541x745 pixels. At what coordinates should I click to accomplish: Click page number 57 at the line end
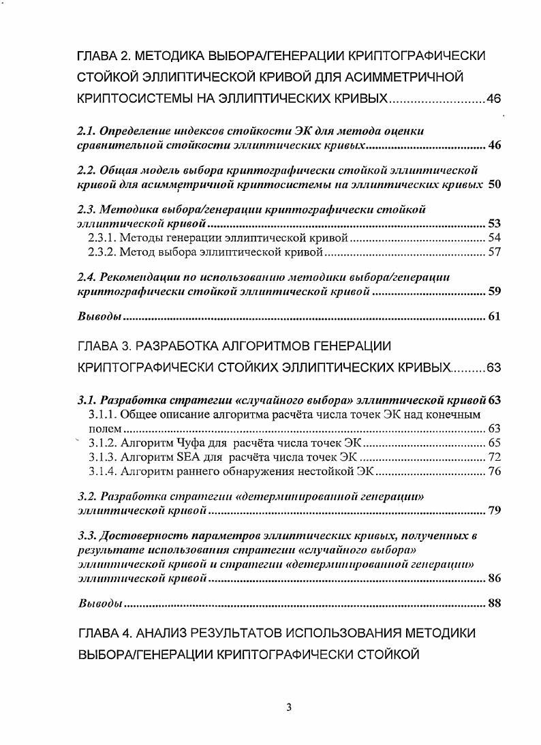495,252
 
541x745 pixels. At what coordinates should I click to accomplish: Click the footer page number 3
289,707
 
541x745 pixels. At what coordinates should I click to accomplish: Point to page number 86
495,579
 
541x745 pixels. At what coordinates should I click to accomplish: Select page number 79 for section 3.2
495,511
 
